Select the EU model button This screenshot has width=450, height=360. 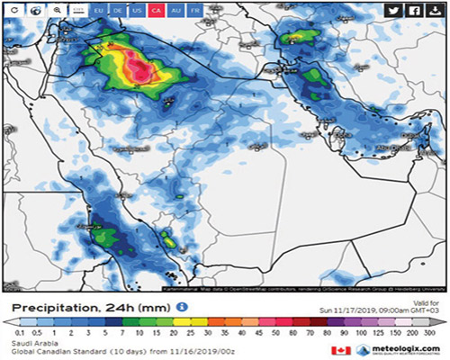tap(99, 11)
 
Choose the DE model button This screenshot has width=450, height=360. tap(118, 11)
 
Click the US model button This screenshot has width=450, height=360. tap(137, 11)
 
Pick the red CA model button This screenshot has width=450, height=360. tap(156, 11)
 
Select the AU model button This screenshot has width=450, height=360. tap(175, 11)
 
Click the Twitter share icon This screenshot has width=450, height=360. tap(393, 11)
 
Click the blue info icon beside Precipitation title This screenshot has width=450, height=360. tap(182, 306)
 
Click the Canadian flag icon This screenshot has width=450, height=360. tap(340, 350)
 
